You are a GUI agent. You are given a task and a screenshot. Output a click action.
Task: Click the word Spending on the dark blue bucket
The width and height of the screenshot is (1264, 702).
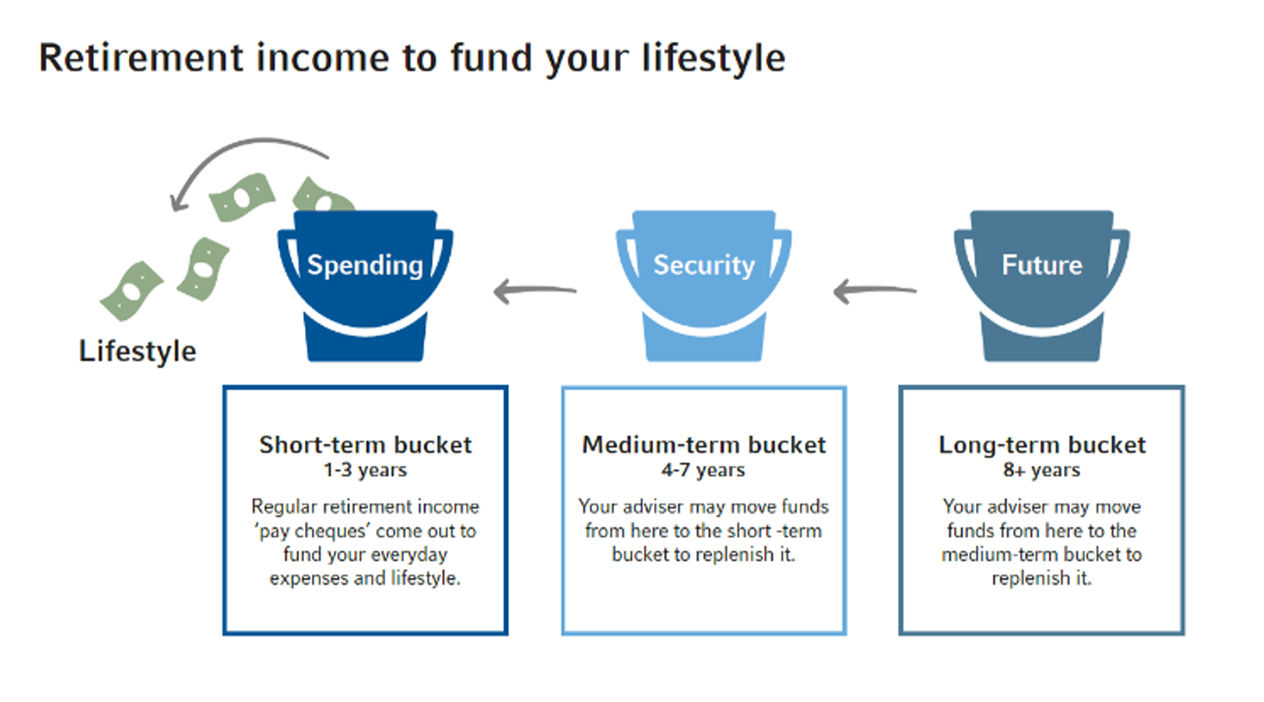(x=365, y=265)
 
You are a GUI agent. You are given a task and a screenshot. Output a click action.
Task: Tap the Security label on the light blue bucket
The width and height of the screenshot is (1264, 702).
(x=704, y=265)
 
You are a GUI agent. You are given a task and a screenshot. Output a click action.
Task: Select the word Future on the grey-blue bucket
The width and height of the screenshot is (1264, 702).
(x=1042, y=265)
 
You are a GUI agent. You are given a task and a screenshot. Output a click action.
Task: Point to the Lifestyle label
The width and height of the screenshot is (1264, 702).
(x=137, y=351)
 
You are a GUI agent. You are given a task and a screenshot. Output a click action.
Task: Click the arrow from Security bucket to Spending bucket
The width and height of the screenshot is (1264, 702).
(x=535, y=292)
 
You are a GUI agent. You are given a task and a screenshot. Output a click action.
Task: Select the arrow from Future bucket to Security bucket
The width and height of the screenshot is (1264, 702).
(x=875, y=292)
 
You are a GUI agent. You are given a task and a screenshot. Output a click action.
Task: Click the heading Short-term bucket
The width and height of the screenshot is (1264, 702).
(x=365, y=444)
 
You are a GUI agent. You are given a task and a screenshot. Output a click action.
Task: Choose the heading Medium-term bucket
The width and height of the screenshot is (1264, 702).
(x=704, y=444)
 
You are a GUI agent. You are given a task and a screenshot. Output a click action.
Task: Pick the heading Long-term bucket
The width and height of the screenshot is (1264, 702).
(x=1042, y=444)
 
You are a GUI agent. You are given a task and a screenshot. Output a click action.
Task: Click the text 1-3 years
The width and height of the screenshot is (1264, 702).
(x=365, y=470)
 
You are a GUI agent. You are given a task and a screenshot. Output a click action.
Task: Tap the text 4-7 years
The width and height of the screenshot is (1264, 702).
(x=704, y=470)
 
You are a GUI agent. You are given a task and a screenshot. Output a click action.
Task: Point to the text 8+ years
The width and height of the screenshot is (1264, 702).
(x=1042, y=470)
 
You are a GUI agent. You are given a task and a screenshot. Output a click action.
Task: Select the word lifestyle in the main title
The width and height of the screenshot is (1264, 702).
(x=713, y=58)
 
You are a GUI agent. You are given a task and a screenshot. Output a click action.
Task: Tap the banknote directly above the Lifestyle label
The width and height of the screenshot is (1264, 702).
(x=131, y=291)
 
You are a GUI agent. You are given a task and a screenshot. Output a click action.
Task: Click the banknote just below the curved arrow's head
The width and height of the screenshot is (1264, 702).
(x=242, y=197)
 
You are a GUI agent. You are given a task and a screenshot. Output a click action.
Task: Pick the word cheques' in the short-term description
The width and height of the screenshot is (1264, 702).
(x=331, y=532)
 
